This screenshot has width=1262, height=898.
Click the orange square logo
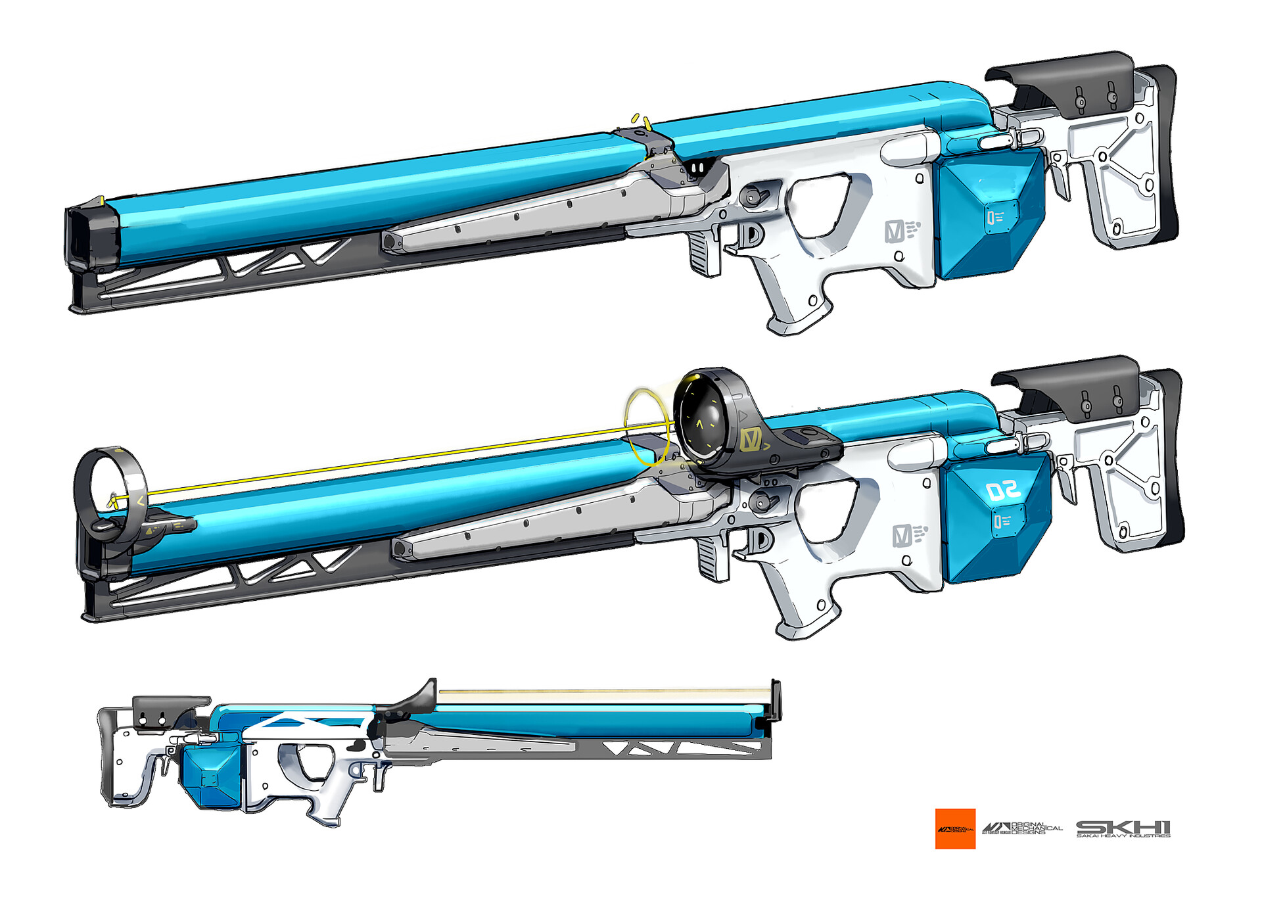pyautogui.click(x=955, y=828)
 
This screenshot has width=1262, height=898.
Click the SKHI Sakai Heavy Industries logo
pyautogui.click(x=1123, y=828)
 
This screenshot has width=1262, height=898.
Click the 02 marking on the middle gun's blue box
pyautogui.click(x=1002, y=490)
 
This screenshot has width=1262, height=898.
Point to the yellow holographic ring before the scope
pyautogui.click(x=647, y=427)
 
